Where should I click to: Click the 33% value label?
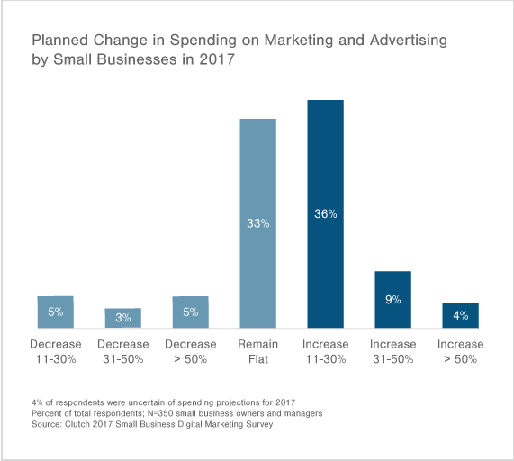coord(257,221)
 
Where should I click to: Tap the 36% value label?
coord(325,214)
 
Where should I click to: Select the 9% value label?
coord(392,299)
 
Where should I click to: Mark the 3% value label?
coord(122,317)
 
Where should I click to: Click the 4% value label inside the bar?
coord(460,315)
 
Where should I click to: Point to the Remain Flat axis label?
coord(257,351)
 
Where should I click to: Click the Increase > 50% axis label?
coord(460,351)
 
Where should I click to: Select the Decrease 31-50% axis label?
coord(122,351)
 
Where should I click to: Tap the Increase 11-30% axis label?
coord(325,351)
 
